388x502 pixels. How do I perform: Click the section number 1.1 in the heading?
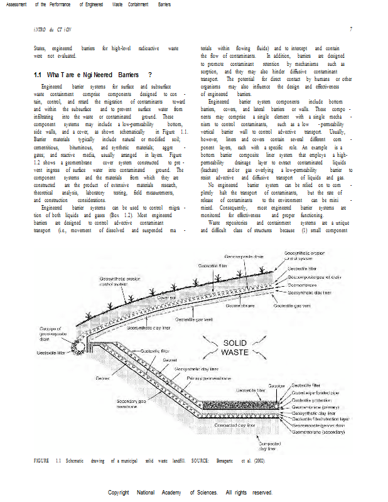38,75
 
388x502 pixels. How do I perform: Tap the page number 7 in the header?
351,29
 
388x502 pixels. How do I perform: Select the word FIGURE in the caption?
42,461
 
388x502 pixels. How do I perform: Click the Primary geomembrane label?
210,379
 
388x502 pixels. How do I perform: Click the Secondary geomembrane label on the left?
131,403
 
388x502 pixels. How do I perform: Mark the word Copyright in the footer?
122,493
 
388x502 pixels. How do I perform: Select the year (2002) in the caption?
259,461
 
